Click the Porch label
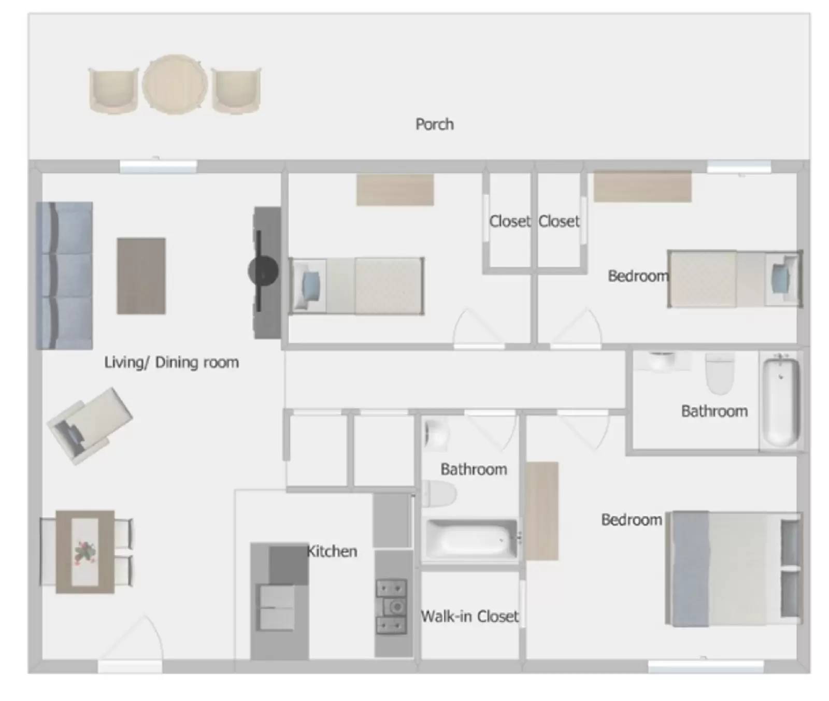pyautogui.click(x=434, y=124)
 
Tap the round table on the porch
pyautogui.click(x=175, y=84)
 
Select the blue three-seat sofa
pyautogui.click(x=65, y=275)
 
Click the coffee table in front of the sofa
pyautogui.click(x=141, y=276)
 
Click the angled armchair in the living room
pyautogui.click(x=89, y=425)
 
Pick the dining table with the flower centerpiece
pyautogui.click(x=85, y=551)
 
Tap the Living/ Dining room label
pyautogui.click(x=171, y=362)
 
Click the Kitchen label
pyautogui.click(x=332, y=551)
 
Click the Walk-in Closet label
pyautogui.click(x=469, y=617)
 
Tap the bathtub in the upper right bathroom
pyautogui.click(x=780, y=399)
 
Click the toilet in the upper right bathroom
pyautogui.click(x=720, y=373)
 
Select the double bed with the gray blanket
pyautogui.click(x=733, y=568)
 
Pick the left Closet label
pyautogui.click(x=510, y=222)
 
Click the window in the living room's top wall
pyautogui.click(x=158, y=166)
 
